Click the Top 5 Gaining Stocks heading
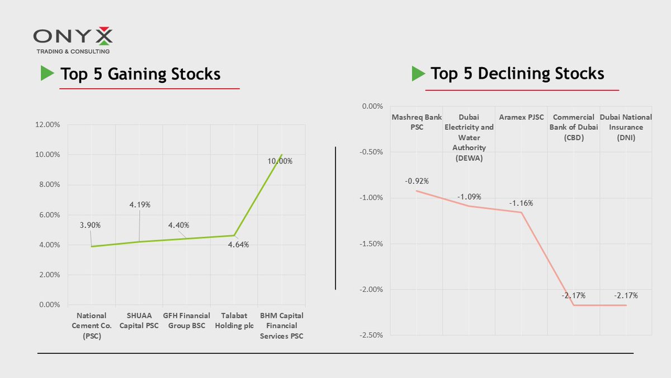point(140,74)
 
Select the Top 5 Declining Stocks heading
point(517,73)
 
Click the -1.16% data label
point(521,203)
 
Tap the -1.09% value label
point(469,197)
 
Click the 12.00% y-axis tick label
point(47,125)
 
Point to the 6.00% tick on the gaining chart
point(49,215)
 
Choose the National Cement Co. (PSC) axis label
point(91,325)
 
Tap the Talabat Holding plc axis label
point(234,320)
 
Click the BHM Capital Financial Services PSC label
point(282,325)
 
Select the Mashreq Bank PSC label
point(416,122)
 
